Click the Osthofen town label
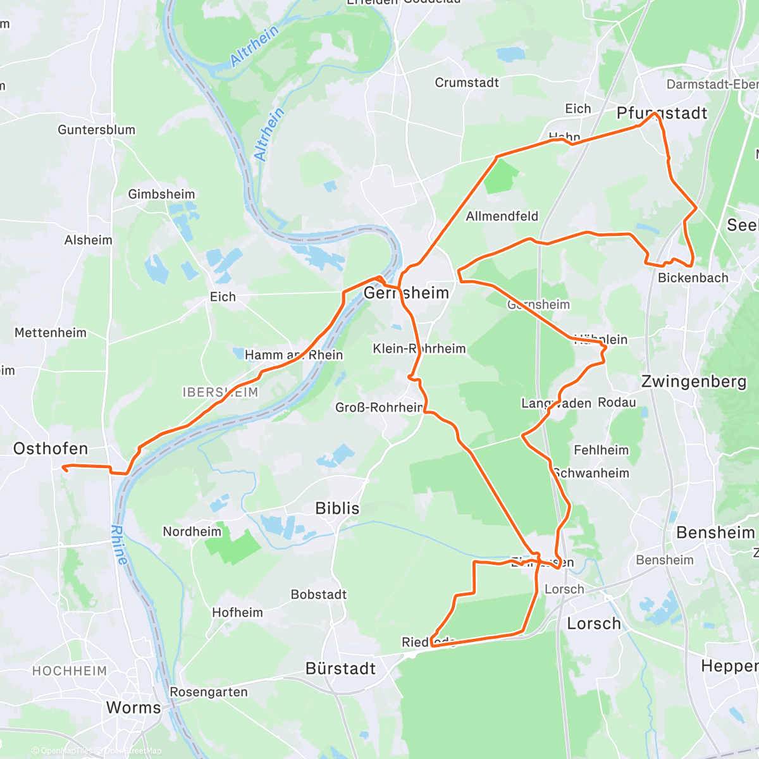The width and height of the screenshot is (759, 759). click(51, 448)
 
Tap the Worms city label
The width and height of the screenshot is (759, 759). click(133, 707)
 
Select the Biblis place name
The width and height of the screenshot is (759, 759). click(337, 509)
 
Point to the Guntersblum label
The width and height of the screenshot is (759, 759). click(96, 130)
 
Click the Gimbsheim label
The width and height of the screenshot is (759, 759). click(161, 194)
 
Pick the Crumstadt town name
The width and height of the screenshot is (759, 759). click(467, 83)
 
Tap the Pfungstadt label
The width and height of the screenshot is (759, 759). click(662, 113)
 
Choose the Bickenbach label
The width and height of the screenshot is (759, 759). click(693, 278)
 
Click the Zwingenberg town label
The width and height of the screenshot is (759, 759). click(694, 381)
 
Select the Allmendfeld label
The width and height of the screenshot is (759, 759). click(502, 216)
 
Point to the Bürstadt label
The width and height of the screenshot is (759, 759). click(340, 669)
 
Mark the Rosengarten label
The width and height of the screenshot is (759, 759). click(209, 692)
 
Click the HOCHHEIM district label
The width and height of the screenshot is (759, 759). click(70, 670)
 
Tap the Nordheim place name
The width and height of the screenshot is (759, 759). click(192, 531)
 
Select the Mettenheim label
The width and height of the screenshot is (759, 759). click(51, 333)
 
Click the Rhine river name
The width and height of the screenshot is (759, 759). click(119, 545)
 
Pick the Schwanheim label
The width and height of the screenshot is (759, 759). click(591, 473)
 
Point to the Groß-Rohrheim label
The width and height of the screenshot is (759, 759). click(379, 407)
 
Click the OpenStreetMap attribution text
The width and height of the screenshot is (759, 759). click(133, 751)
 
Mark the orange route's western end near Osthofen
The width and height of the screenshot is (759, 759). click(63, 468)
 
